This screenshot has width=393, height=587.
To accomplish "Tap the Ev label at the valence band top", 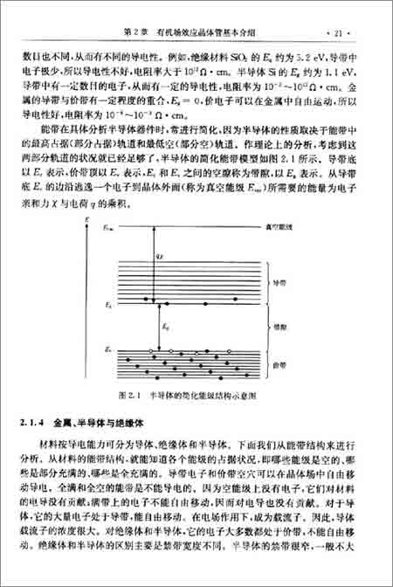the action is tap(108, 349).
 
